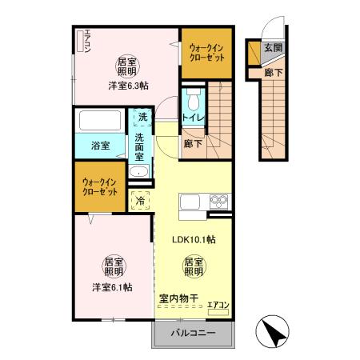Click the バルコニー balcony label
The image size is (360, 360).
[x=191, y=333]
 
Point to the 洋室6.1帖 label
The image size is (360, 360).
[x=111, y=286]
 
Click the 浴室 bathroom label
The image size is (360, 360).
[x=100, y=146]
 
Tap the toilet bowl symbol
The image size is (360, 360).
[x=193, y=99]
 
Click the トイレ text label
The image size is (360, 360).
[x=193, y=118]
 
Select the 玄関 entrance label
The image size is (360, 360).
[x=273, y=48]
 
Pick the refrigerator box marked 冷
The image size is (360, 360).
[x=141, y=200]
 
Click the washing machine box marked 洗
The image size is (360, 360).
[x=142, y=118]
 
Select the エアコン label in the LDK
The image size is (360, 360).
[x=218, y=305]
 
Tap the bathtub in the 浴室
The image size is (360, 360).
[x=99, y=122]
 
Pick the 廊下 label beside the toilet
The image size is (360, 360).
[x=192, y=145]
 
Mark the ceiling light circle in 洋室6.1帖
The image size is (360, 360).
[x=112, y=266]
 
